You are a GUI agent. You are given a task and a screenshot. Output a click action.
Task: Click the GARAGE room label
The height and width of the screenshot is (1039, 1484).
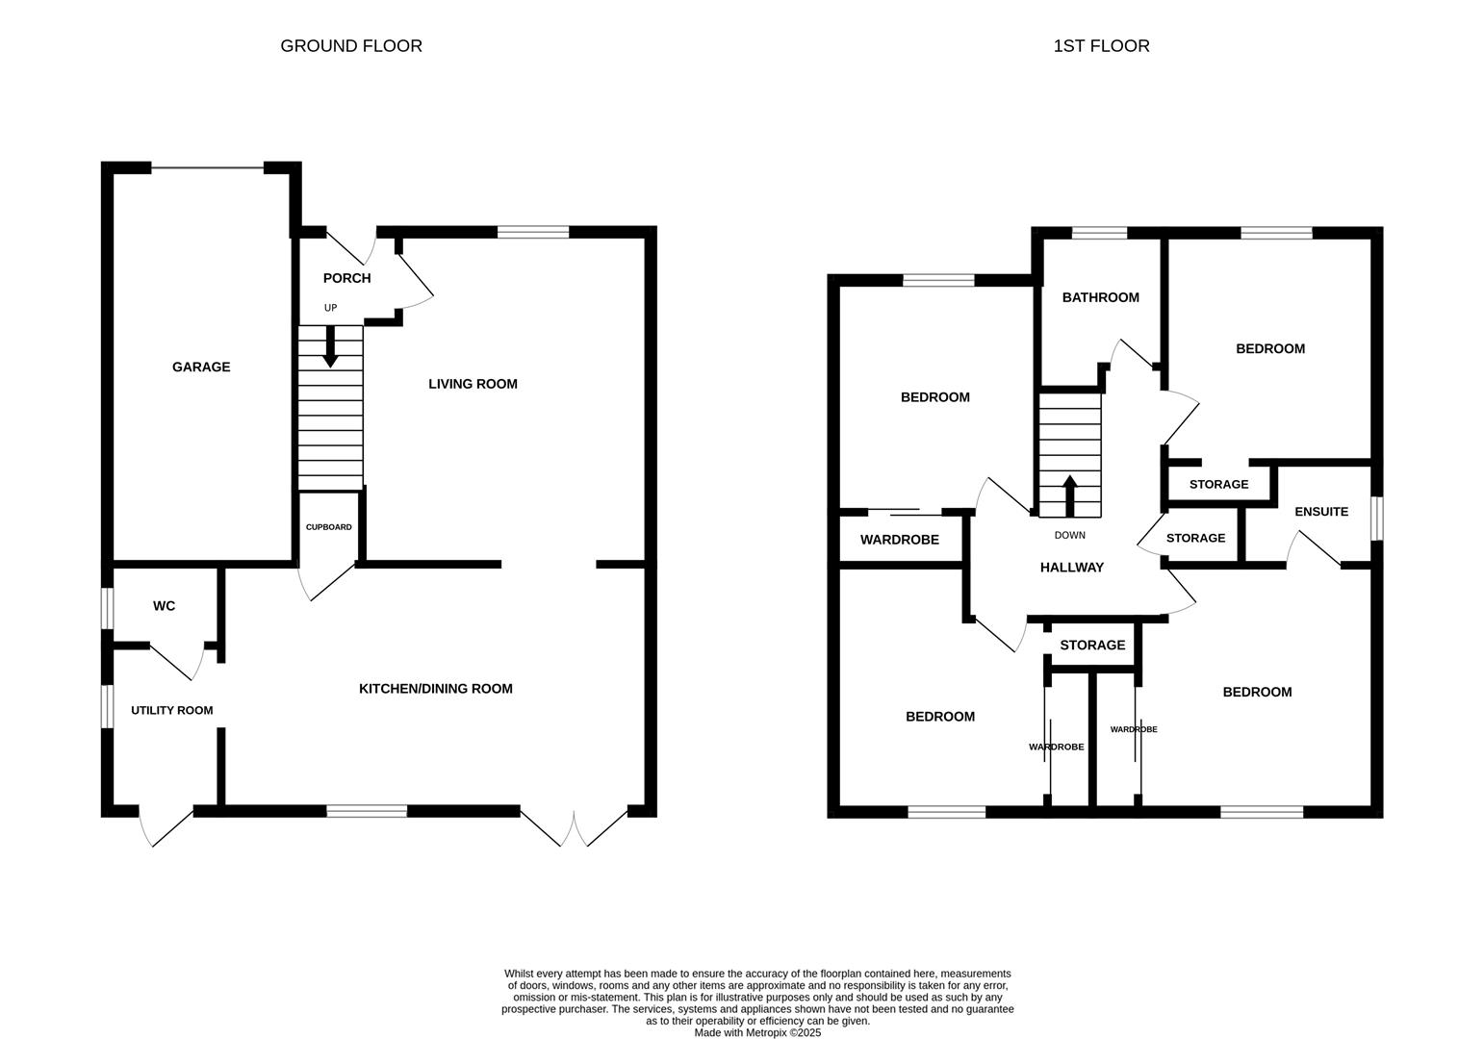[x=201, y=367]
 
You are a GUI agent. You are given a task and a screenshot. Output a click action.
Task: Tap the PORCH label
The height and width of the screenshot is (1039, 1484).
[x=346, y=278]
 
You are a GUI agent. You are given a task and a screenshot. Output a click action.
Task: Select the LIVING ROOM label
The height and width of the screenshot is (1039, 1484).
[x=473, y=384]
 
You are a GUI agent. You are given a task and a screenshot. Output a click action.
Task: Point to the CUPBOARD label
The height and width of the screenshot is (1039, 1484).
[x=328, y=527]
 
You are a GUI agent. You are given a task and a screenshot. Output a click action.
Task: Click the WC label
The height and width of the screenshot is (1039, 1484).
[x=164, y=606]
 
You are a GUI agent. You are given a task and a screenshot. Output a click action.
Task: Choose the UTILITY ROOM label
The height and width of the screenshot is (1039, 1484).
[x=171, y=711]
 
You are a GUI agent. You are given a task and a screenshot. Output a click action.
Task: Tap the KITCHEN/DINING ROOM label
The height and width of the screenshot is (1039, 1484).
[x=435, y=689]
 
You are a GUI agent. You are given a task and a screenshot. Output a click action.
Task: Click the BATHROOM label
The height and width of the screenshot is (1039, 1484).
[x=1100, y=297]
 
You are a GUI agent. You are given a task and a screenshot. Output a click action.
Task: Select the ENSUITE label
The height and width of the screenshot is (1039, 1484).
[x=1321, y=511]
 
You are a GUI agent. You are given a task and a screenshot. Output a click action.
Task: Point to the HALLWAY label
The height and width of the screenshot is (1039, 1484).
[x=1071, y=567]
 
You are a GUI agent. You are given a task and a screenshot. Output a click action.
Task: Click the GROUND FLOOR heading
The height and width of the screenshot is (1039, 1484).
[x=351, y=45]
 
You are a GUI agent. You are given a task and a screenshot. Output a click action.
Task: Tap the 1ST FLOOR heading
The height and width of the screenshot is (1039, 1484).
[x=1101, y=45]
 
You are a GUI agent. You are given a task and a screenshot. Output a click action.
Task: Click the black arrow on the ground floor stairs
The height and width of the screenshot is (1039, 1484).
[x=330, y=346]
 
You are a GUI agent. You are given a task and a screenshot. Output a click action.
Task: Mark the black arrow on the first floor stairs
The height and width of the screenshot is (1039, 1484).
[x=1070, y=495]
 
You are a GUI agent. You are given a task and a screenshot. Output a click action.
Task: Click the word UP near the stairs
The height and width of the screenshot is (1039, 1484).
[x=330, y=308]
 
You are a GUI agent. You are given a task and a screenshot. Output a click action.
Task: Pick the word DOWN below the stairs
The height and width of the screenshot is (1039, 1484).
[x=1069, y=535]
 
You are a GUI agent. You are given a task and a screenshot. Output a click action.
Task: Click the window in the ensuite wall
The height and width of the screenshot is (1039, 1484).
[x=1376, y=519]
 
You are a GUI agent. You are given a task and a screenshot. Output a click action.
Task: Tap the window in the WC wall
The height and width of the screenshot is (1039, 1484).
[x=108, y=608]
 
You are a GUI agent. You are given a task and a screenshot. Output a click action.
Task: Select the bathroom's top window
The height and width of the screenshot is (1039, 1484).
[x=1099, y=233]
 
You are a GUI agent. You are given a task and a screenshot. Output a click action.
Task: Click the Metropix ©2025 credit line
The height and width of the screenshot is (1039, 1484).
[x=757, y=1032]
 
